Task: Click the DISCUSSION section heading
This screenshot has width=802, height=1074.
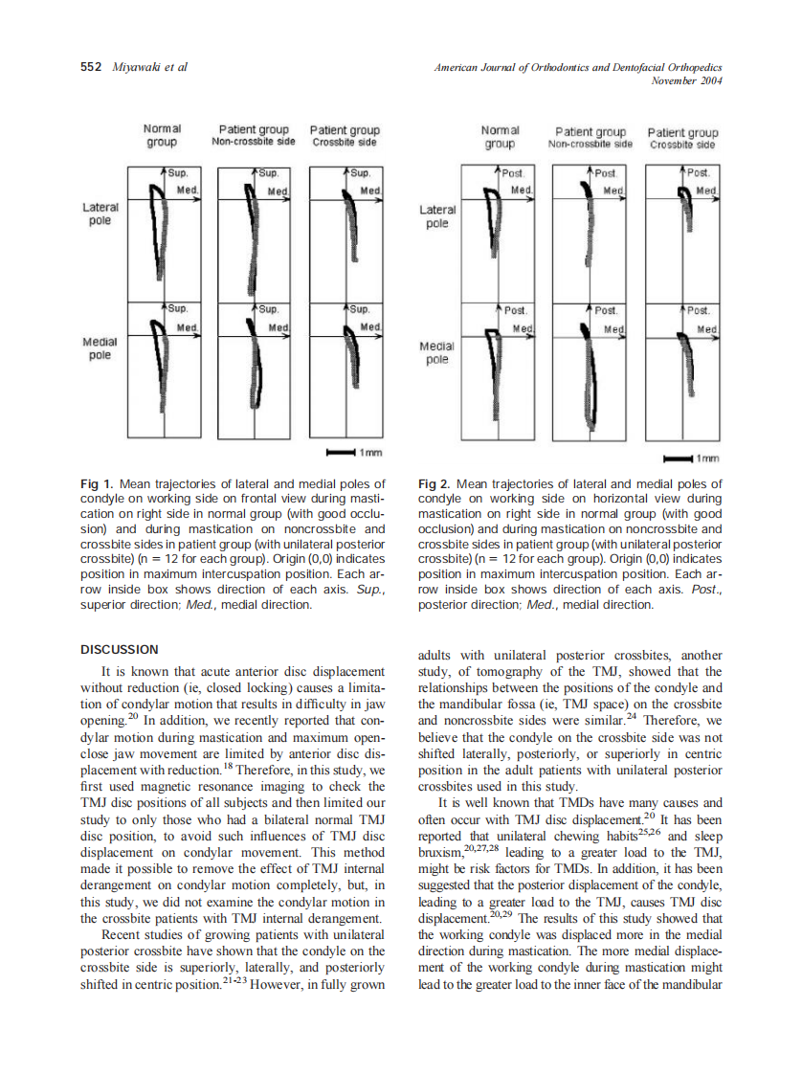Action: [120, 650]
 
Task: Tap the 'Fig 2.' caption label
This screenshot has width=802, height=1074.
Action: [436, 483]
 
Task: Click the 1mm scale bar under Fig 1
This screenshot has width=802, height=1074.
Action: [341, 451]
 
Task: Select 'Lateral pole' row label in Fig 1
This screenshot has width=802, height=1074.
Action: [98, 213]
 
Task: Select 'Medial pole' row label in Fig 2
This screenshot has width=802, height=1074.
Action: [436, 353]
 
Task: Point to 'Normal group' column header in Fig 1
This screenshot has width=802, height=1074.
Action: [162, 135]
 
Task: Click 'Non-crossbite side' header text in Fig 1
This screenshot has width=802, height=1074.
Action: [254, 142]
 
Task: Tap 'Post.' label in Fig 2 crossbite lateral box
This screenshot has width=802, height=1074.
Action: [699, 173]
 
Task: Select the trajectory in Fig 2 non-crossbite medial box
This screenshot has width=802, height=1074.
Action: [590, 383]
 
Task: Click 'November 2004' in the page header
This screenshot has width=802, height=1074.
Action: [685, 80]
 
